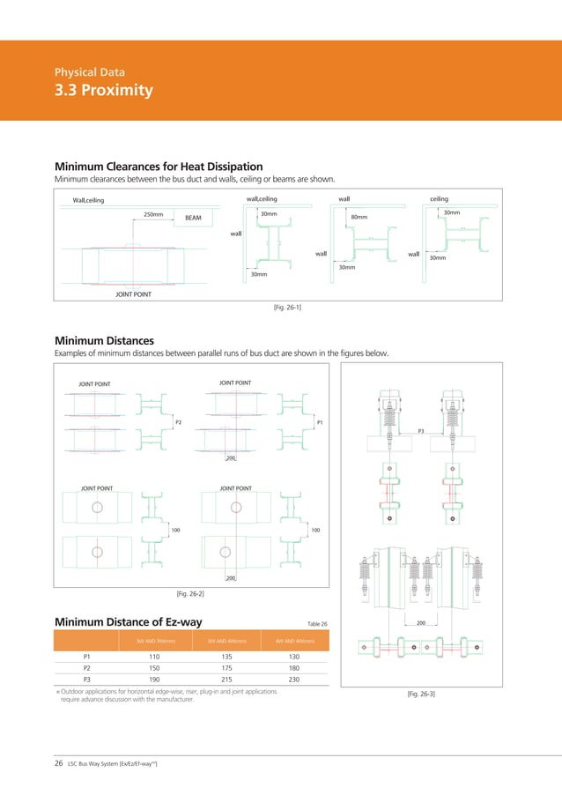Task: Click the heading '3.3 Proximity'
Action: click(x=103, y=91)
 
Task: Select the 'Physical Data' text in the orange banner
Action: click(x=89, y=71)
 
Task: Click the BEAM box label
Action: click(x=194, y=216)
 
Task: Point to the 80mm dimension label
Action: click(x=359, y=216)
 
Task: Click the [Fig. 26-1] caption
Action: click(x=278, y=307)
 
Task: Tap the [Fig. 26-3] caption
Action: click(x=421, y=695)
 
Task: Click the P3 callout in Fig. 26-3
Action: click(x=421, y=431)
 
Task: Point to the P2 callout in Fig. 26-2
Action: click(x=178, y=422)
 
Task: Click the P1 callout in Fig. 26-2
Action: click(x=319, y=422)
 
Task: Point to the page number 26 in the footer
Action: click(x=59, y=763)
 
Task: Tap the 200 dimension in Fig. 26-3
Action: click(x=421, y=622)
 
